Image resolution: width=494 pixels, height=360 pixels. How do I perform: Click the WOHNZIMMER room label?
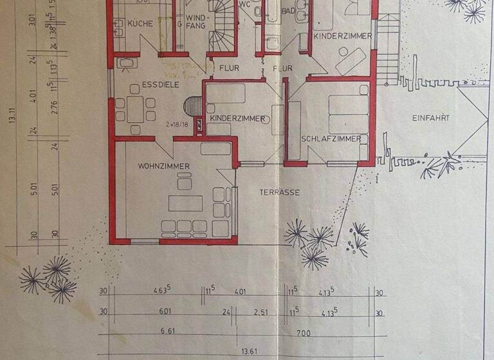tap(163, 166)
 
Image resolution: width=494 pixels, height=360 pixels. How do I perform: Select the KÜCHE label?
tap(140, 23)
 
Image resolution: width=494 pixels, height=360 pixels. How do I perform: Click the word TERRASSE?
tap(280, 192)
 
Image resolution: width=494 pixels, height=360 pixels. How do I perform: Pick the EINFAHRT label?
tap(430, 118)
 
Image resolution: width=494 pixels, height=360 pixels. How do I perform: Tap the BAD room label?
tap(287, 12)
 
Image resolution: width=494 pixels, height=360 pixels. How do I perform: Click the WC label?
tap(244, 4)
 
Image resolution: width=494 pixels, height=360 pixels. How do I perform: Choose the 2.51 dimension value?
tap(260, 312)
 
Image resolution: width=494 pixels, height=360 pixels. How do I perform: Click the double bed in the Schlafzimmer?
tap(348, 114)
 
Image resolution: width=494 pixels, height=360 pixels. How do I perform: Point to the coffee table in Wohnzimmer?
tap(185, 203)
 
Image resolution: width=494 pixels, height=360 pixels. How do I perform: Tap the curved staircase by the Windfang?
tap(222, 35)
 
